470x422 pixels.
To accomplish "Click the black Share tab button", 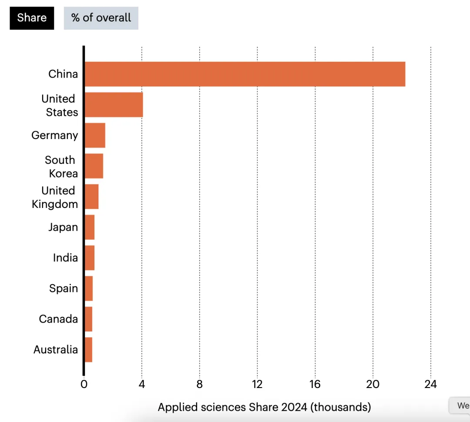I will [x=32, y=18].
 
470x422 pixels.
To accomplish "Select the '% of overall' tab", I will [x=101, y=18].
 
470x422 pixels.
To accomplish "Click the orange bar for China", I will [x=245, y=74].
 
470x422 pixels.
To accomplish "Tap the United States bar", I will [x=114, y=105].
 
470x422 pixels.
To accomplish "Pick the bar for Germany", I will [x=95, y=135].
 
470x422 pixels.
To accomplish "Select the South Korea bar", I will [x=94, y=166].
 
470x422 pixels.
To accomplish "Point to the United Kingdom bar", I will [x=91, y=197].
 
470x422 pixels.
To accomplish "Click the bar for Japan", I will [x=89, y=227].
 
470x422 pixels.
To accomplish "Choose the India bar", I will [x=89, y=258].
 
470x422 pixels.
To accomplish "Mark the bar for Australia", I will [x=88, y=350].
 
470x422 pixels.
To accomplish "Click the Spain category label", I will [x=64, y=289].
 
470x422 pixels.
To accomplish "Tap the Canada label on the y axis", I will [x=58, y=319].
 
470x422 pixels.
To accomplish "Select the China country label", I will [x=63, y=74].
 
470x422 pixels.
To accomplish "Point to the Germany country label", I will [x=55, y=135].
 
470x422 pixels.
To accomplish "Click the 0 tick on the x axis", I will [x=84, y=384].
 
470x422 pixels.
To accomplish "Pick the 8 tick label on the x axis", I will [x=199, y=384].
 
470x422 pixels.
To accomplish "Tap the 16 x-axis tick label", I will [x=315, y=384].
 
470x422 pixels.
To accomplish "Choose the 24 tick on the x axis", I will [x=430, y=384].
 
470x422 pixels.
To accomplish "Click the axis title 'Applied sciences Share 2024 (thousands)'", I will [x=264, y=407].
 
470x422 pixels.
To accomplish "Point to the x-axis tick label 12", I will [x=257, y=384].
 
